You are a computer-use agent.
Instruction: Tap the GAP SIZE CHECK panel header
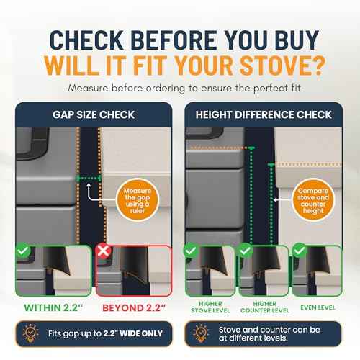coord(93,114)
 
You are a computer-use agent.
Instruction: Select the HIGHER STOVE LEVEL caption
coord(210,309)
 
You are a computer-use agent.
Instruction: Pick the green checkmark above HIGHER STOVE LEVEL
coord(192,251)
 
